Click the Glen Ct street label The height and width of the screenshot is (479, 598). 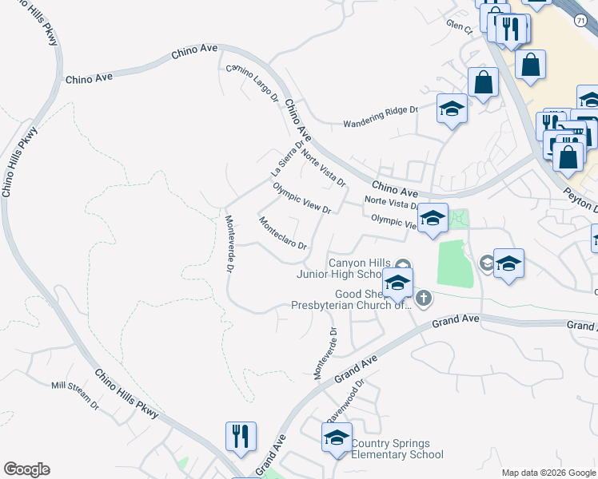(x=460, y=26)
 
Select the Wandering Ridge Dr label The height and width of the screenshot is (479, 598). (x=381, y=117)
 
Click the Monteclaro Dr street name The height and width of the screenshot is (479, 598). (x=282, y=233)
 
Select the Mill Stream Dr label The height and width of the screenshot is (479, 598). (x=74, y=395)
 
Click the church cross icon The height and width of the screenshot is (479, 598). (x=424, y=299)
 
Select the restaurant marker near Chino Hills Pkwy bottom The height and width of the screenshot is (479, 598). (x=241, y=437)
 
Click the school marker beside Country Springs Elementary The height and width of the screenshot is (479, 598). (x=337, y=438)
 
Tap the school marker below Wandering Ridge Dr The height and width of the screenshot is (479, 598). (x=452, y=109)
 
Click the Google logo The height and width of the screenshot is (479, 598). (x=26, y=469)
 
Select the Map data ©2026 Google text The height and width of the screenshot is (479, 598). (x=548, y=473)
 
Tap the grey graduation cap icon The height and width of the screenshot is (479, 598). (x=486, y=263)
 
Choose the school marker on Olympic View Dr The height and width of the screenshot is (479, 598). (x=433, y=219)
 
